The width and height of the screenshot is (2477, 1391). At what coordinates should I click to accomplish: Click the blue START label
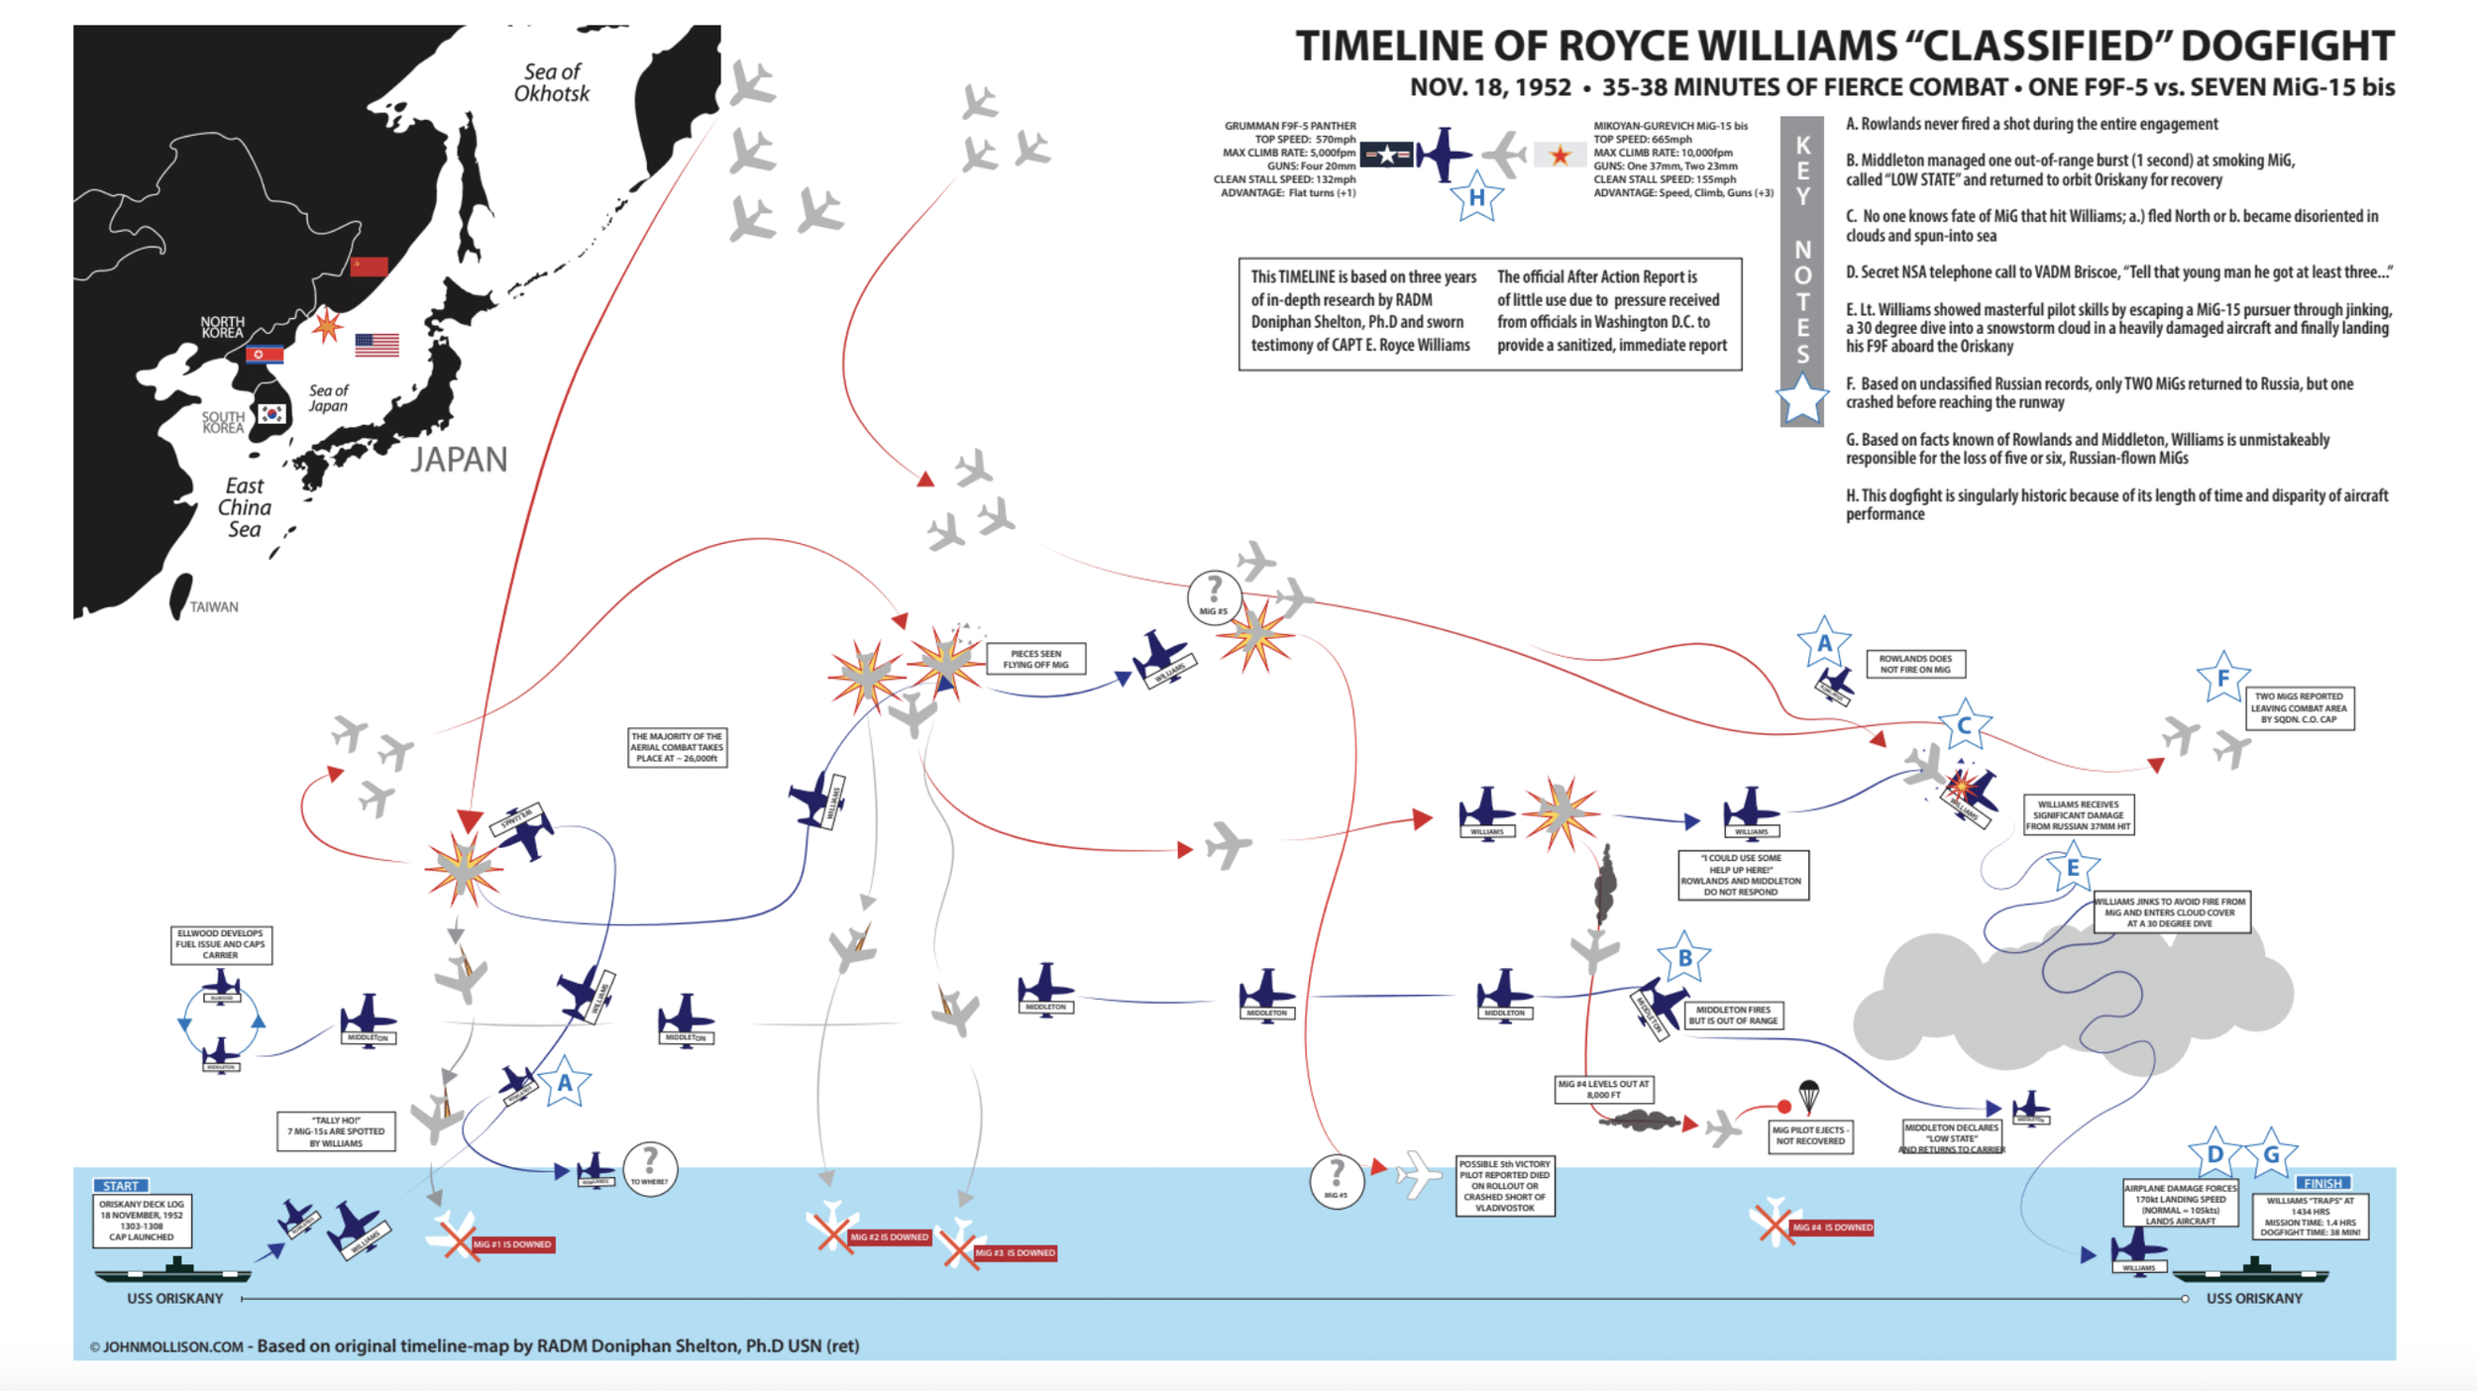click(x=121, y=1185)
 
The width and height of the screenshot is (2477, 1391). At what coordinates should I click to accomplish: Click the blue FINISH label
click(x=2322, y=1183)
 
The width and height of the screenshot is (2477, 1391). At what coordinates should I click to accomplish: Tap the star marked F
click(x=2222, y=678)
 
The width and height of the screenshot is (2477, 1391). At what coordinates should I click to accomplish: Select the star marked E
click(x=2072, y=868)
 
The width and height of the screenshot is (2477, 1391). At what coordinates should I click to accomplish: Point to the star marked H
click(x=1476, y=197)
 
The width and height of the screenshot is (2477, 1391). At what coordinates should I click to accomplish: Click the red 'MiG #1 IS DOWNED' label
click(x=511, y=1244)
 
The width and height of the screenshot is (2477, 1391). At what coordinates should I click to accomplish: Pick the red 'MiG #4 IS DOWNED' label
click(x=1832, y=1228)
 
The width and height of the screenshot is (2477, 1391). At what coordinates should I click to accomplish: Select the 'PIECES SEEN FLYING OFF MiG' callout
click(x=1035, y=659)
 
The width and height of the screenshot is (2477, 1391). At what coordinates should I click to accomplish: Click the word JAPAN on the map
click(x=459, y=459)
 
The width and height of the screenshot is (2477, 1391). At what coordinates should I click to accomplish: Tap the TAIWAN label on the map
click(x=214, y=606)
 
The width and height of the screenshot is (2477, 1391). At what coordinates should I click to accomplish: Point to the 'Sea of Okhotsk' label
click(x=551, y=82)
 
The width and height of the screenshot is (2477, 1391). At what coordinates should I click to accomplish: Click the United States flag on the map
click(x=377, y=344)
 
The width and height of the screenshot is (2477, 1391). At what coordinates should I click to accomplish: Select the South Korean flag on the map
click(x=270, y=414)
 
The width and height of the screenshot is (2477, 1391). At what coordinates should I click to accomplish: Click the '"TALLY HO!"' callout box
click(x=336, y=1131)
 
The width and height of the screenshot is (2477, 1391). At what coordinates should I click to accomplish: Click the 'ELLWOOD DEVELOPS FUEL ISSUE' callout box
click(x=221, y=944)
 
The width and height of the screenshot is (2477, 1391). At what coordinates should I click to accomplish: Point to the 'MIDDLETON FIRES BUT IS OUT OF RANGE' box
click(x=1732, y=1015)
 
